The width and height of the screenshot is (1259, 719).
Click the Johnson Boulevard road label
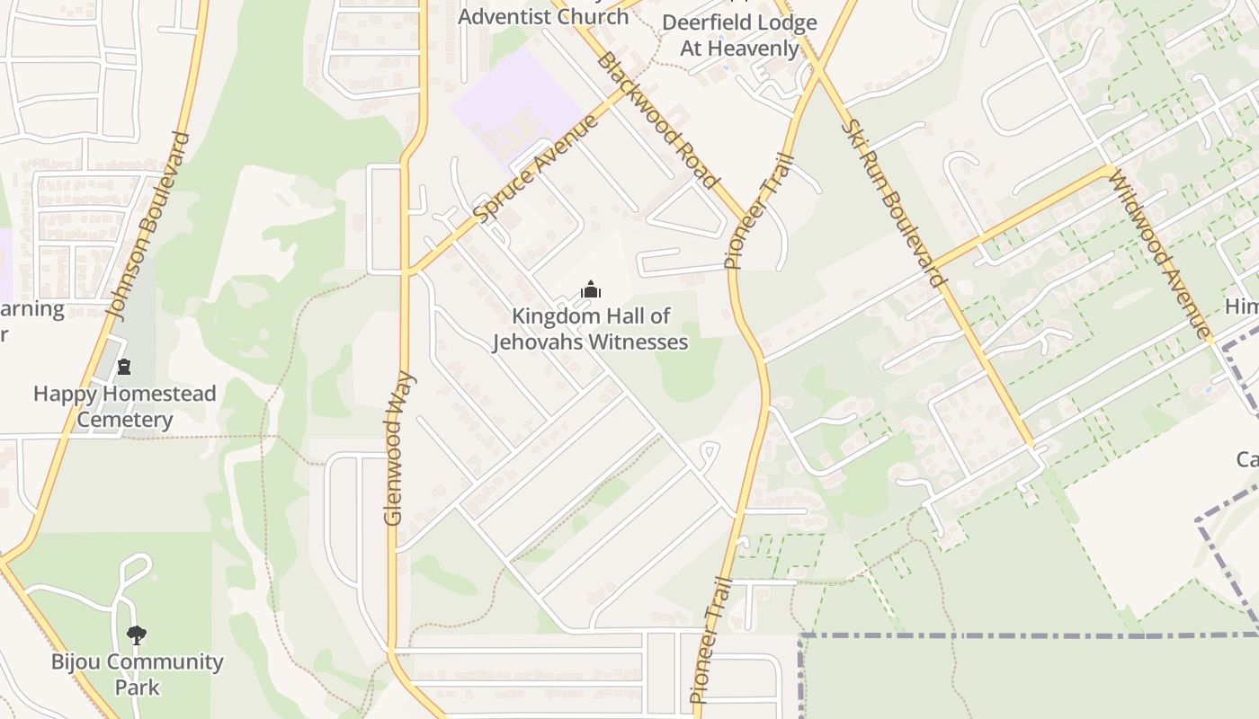(x=150, y=226)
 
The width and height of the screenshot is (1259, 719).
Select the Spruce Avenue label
(x=536, y=168)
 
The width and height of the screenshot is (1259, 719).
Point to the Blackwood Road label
(x=658, y=120)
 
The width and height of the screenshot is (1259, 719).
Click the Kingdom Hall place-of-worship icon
(x=590, y=289)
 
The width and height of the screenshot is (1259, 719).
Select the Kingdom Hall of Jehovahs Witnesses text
(x=590, y=329)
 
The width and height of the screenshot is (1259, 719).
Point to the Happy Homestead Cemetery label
(x=125, y=406)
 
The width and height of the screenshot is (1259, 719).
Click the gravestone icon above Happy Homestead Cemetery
(x=124, y=366)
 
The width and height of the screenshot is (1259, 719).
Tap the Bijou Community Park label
(x=137, y=674)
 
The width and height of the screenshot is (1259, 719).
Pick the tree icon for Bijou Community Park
(x=137, y=635)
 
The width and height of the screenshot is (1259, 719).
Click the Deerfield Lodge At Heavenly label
(x=739, y=35)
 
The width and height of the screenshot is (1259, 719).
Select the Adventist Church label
(x=543, y=16)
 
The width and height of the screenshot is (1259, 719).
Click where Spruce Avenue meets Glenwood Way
(x=406, y=271)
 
